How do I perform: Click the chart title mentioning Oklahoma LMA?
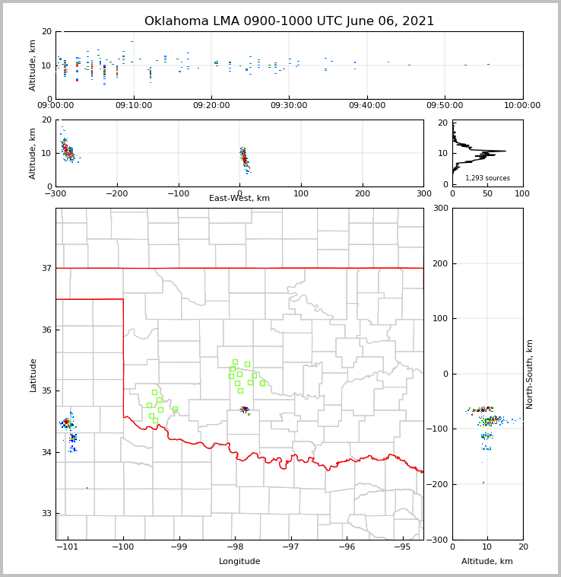pyautogui.click(x=289, y=21)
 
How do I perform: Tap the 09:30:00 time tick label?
pyautogui.click(x=289, y=106)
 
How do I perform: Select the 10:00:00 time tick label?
pyautogui.click(x=522, y=106)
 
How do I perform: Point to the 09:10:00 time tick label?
pyautogui.click(x=133, y=106)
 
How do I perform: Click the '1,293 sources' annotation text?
pyautogui.click(x=487, y=178)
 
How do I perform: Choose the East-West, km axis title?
pyautogui.click(x=239, y=199)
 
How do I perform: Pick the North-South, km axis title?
pyautogui.click(x=530, y=374)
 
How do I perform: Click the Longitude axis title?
pyautogui.click(x=239, y=562)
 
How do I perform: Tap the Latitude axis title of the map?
pyautogui.click(x=33, y=375)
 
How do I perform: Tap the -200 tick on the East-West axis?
pyautogui.click(x=116, y=193)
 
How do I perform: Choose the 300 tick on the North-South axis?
pyautogui.click(x=440, y=208)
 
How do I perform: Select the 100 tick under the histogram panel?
pyautogui.click(x=522, y=193)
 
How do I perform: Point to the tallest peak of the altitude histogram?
pyautogui.click(x=503, y=151)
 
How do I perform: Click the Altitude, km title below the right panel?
pyautogui.click(x=487, y=562)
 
